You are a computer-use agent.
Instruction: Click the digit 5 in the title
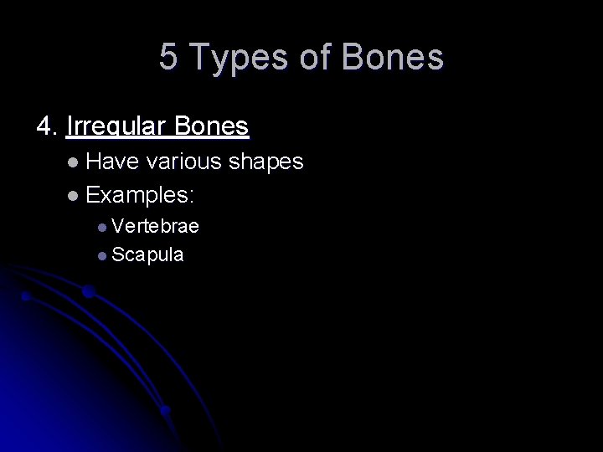168,58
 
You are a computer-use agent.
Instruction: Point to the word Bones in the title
393,58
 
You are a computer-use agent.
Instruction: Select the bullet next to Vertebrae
101,227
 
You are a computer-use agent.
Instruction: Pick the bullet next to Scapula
101,254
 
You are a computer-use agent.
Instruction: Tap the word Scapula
147,254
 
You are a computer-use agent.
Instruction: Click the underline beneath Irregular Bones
157,137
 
